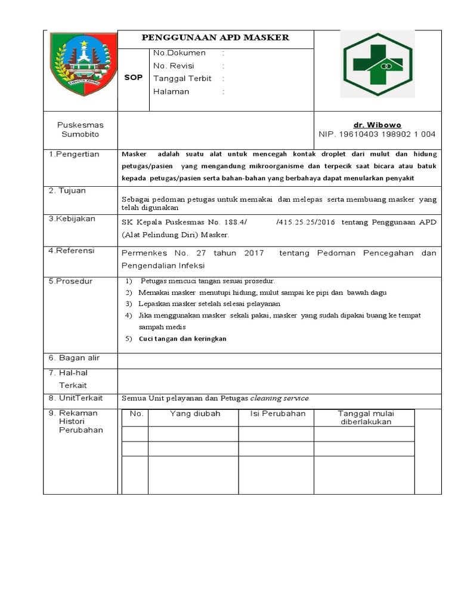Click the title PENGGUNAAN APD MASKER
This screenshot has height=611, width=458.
[x=215, y=38]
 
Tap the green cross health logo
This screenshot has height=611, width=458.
[x=377, y=64]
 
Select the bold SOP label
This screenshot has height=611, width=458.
[x=133, y=78]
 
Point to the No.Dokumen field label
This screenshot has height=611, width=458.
[x=179, y=53]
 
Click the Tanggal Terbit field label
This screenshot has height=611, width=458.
[x=182, y=79]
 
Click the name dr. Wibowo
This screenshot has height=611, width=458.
[x=377, y=125]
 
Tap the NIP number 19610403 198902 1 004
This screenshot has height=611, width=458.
[x=377, y=134]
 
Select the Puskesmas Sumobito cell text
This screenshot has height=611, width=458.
[x=80, y=129]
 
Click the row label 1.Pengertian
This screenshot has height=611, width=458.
[x=74, y=154]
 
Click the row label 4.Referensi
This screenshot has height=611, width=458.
[x=72, y=251]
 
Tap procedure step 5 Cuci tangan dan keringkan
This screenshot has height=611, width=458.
[x=182, y=338]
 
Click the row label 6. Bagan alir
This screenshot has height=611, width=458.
[x=74, y=357]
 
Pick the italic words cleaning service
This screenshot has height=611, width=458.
[x=279, y=398]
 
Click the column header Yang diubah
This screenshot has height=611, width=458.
[x=195, y=413]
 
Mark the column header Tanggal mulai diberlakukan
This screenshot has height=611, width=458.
[x=366, y=417]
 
